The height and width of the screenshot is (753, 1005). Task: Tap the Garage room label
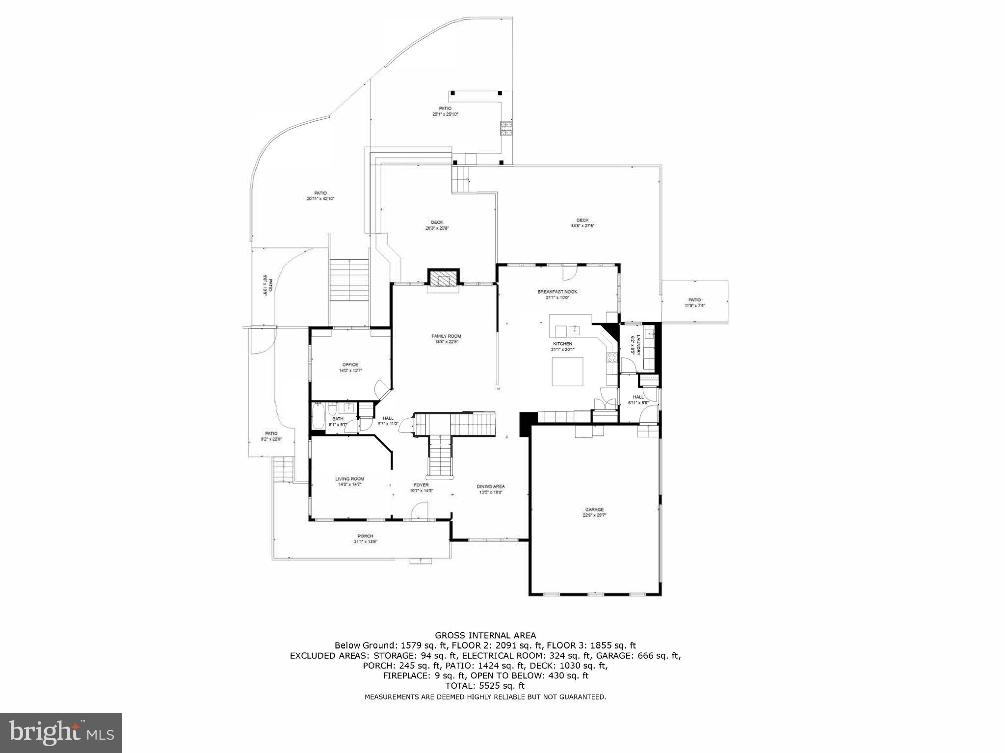coord(594,512)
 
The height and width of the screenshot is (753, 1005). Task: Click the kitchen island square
coord(568,372)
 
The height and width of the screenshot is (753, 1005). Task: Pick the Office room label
coord(350,367)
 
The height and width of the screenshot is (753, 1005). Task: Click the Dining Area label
coord(491,489)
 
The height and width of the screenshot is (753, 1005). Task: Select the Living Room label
coord(350,482)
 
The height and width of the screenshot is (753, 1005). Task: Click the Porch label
coord(365,538)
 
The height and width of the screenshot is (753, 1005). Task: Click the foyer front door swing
coord(419,511)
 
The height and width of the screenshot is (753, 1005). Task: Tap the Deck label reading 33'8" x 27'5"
coord(582,223)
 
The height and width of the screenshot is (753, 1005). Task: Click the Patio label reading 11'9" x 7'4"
coord(694,302)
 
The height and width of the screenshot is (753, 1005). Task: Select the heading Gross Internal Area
coord(485,635)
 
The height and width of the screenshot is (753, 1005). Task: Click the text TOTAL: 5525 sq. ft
coord(485,686)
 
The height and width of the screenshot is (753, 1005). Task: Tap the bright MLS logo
coord(61,733)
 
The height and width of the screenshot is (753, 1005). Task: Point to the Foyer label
coord(421,487)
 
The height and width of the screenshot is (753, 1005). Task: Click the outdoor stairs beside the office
coord(349,280)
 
